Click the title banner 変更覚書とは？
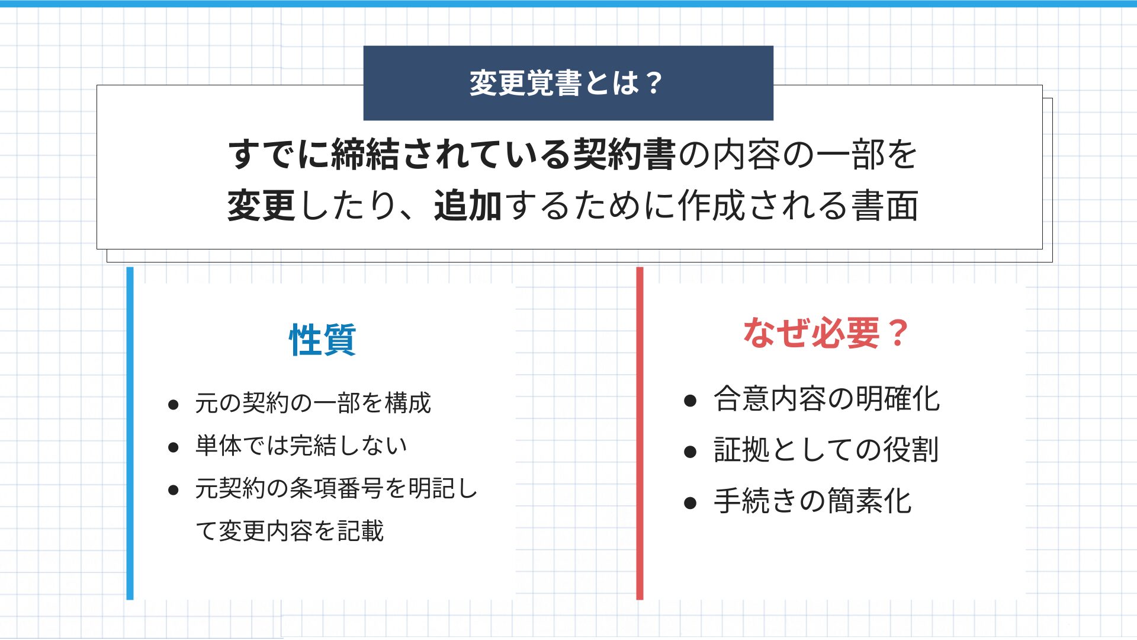[568, 83]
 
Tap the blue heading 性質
[323, 340]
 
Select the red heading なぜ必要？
[826, 332]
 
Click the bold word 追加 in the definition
[468, 206]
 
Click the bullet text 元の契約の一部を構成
[313, 403]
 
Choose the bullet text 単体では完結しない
[301, 446]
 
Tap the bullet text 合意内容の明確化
[827, 399]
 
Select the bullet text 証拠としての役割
[826, 450]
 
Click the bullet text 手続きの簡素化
[812, 501]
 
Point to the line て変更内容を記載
[290, 531]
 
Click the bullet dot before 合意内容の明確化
[690, 401]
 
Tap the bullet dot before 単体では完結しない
[174, 447]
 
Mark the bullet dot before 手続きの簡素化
[690, 504]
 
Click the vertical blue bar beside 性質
[130, 433]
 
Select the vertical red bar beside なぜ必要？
[640, 433]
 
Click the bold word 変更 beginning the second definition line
[262, 206]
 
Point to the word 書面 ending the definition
[885, 206]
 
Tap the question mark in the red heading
[898, 332]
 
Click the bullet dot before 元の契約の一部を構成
[174, 405]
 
